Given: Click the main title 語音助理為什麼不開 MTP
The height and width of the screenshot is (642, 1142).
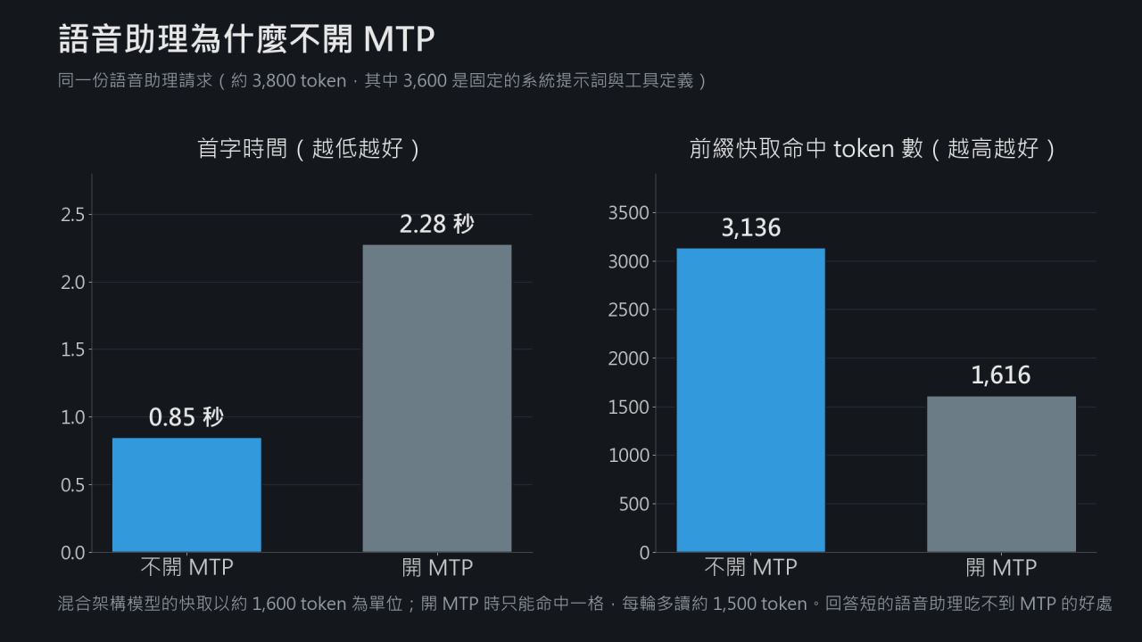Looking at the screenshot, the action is (x=247, y=38).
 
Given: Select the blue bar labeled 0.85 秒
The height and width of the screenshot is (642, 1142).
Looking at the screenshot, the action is (x=186, y=495).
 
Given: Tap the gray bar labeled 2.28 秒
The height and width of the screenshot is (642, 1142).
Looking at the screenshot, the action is (x=437, y=399).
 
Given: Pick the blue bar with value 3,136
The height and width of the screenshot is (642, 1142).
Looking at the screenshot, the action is (x=750, y=400).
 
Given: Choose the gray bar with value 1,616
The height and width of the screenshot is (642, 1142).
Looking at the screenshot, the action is (x=1001, y=474).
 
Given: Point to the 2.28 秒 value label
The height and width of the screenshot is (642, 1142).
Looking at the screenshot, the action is (x=437, y=224).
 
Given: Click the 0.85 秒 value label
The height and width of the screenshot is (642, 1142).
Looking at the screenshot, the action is (x=186, y=416).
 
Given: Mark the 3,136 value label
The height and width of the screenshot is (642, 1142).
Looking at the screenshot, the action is (x=751, y=227).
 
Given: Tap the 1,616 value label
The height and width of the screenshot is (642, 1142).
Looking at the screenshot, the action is (x=1001, y=375).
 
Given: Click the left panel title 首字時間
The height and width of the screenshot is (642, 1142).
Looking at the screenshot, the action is (x=242, y=149).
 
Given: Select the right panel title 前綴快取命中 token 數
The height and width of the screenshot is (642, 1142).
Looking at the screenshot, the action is (x=807, y=149).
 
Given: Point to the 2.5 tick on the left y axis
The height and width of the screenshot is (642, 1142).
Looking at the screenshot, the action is (x=73, y=215).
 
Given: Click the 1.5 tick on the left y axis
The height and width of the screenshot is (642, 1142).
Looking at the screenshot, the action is (x=73, y=350).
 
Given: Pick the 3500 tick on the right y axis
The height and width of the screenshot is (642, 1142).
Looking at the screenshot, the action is (x=629, y=213).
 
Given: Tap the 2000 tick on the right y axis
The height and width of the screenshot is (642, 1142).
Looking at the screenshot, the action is (x=629, y=358).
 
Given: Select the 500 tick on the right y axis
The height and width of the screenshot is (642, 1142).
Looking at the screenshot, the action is (x=634, y=505).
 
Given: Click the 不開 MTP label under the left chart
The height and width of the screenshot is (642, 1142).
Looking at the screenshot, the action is (x=187, y=567).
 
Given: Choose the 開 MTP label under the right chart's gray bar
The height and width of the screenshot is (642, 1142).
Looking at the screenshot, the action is (x=1001, y=567).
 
